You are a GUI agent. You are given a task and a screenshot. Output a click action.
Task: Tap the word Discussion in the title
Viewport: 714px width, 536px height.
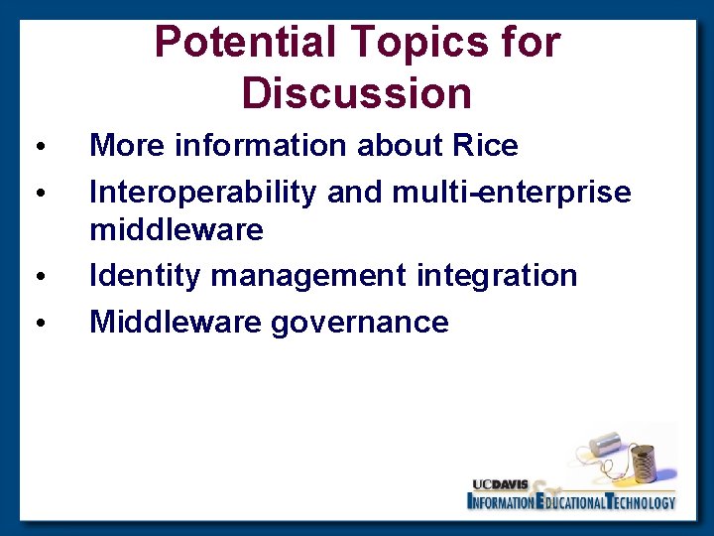click(356, 93)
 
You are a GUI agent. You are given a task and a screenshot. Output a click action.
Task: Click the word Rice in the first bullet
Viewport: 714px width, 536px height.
click(484, 147)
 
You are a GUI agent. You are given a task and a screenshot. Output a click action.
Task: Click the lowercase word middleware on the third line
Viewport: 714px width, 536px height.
click(177, 230)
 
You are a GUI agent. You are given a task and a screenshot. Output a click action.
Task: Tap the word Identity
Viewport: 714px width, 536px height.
click(146, 275)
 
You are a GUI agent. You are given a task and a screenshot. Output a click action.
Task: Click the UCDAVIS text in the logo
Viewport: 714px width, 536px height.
click(501, 484)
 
